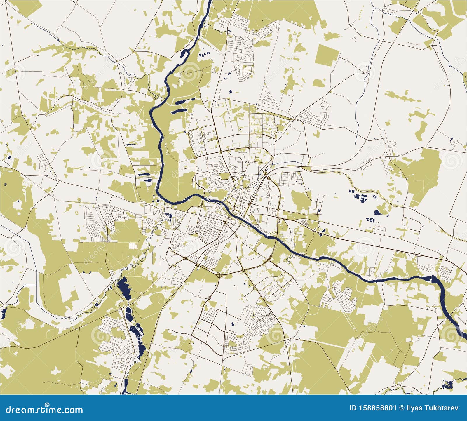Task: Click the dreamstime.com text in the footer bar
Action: coord(44,410)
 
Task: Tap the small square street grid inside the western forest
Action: coord(133,246)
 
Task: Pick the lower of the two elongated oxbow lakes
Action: coord(179,111)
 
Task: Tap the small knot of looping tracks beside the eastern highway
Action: coord(305,222)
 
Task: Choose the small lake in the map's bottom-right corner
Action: coord(447,385)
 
